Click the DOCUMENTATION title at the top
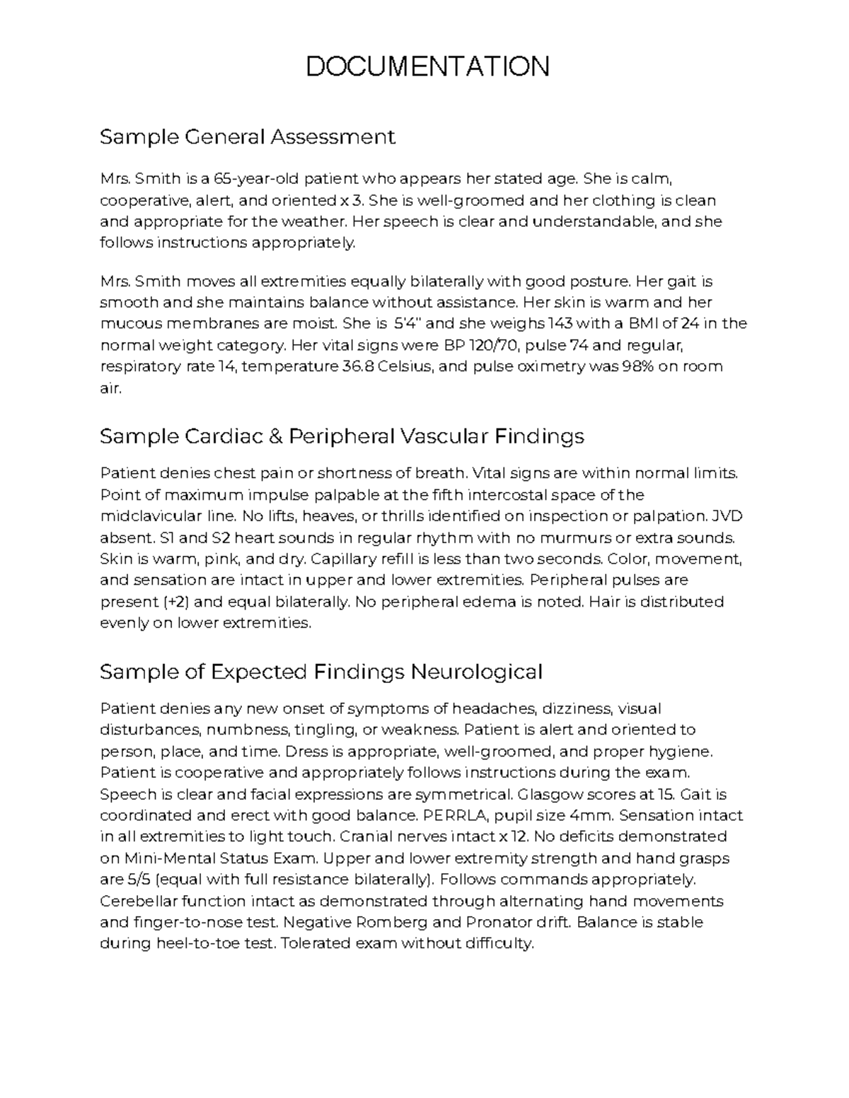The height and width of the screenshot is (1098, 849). tap(427, 66)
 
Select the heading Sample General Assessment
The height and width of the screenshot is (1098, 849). tap(247, 136)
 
